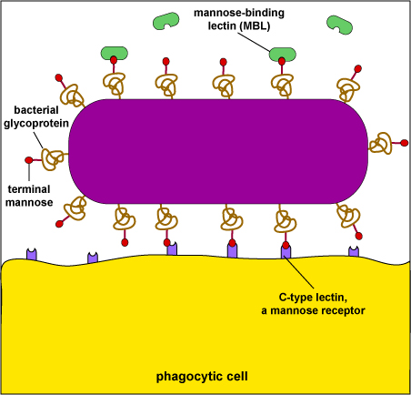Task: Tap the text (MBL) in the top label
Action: tap(255, 26)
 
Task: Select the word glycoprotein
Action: tap(36, 124)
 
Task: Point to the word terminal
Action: tap(29, 189)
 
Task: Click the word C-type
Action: tap(296, 298)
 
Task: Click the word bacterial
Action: tap(36, 110)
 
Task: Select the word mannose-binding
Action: tap(239, 13)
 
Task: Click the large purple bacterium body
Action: tap(218, 151)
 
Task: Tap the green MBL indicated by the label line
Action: tap(283, 54)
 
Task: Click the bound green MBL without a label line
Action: tap(115, 53)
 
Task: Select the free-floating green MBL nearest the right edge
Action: tap(339, 25)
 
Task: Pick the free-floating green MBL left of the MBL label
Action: tap(165, 21)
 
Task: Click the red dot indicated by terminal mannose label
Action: tap(29, 160)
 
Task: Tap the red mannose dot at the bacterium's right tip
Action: tap(405, 143)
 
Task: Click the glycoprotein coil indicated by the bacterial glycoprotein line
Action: tap(52, 158)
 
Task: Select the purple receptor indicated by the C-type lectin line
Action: tap(286, 251)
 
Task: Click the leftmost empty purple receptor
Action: tap(32, 254)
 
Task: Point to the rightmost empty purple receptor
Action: tap(354, 251)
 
